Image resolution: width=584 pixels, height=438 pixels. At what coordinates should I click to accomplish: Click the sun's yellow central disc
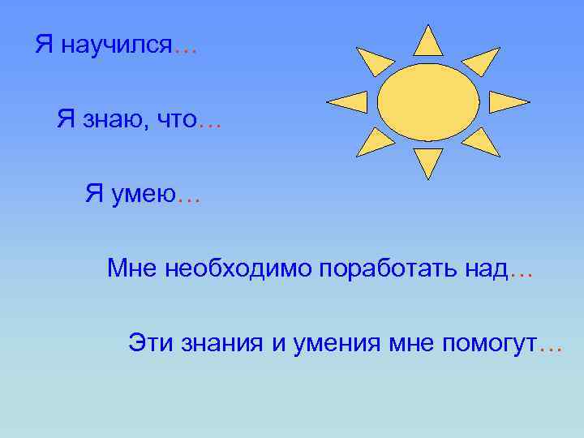point(427,101)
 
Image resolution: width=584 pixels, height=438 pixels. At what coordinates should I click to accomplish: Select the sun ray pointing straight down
point(427,161)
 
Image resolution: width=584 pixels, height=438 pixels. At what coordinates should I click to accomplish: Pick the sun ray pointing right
point(507,101)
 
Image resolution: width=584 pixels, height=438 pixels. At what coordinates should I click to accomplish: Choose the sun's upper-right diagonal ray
point(482,61)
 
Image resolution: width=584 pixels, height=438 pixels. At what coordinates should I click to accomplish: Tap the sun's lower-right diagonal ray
point(482,142)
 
